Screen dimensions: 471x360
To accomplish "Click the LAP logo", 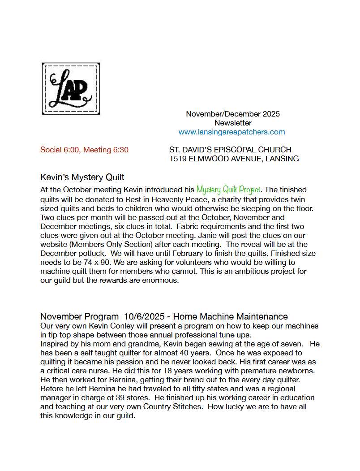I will coord(71,88).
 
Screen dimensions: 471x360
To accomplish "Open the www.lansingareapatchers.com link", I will coord(231,132).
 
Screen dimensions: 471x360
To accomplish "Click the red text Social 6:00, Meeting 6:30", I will coord(84,150).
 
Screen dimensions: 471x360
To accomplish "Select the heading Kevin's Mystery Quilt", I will coord(82,177).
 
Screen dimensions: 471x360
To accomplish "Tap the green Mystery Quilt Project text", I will coord(228,190).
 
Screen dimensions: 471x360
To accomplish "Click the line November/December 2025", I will coord(233,114).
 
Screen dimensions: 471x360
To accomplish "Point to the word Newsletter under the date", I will coord(233,123).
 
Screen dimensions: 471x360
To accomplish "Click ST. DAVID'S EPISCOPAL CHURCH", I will coord(230,150).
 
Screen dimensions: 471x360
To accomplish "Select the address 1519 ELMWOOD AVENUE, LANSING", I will coord(234,159).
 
